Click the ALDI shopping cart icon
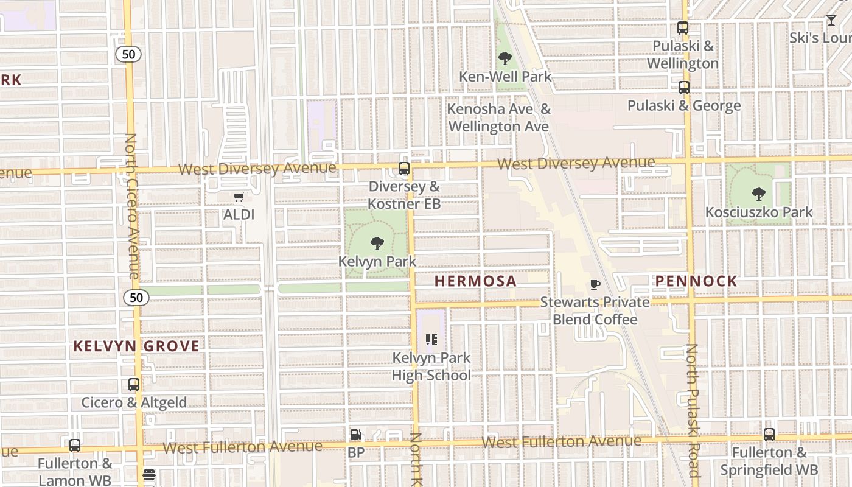point(239,197)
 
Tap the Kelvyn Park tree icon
point(377,243)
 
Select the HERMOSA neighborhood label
point(476,281)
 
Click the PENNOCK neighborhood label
point(696,281)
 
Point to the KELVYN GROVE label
point(136,346)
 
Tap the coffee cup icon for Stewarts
point(595,284)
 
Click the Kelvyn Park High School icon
point(431,340)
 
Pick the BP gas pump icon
point(356,435)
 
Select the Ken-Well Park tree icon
point(505,59)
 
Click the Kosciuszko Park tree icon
point(758,194)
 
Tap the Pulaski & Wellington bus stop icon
point(683,28)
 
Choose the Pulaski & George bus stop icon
point(684,88)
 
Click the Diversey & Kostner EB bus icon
point(404,169)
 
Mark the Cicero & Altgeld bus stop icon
point(134,385)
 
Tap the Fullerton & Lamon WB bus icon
point(75,446)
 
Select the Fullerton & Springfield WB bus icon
point(769,435)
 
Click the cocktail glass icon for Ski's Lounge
point(831,20)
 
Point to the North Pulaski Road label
point(693,410)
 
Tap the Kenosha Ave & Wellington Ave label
point(499,118)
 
